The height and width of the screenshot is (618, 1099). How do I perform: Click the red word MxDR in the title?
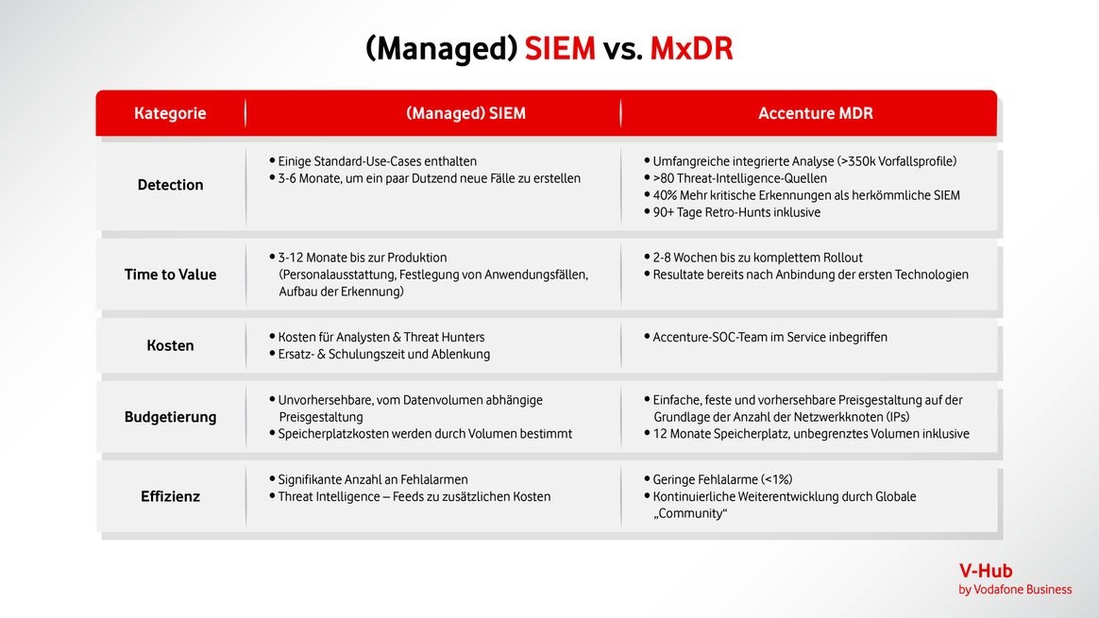pyautogui.click(x=691, y=48)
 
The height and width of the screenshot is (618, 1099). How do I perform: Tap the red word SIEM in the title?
pyautogui.click(x=560, y=48)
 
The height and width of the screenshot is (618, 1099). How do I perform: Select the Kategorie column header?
pyautogui.click(x=170, y=113)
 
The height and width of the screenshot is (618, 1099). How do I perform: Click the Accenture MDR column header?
pyautogui.click(x=816, y=113)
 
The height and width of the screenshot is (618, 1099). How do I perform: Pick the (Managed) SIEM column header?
pyautogui.click(x=466, y=113)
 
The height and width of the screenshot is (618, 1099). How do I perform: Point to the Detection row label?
pyautogui.click(x=170, y=185)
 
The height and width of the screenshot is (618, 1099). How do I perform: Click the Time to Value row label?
pyautogui.click(x=170, y=275)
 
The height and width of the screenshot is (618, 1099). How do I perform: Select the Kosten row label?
pyautogui.click(x=170, y=345)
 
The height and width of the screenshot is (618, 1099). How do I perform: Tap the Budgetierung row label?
pyautogui.click(x=170, y=417)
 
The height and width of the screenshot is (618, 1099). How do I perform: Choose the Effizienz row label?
pyautogui.click(x=170, y=497)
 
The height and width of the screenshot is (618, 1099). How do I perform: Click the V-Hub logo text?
pyautogui.click(x=986, y=571)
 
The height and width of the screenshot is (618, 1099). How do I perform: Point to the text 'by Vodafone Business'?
pyautogui.click(x=1015, y=590)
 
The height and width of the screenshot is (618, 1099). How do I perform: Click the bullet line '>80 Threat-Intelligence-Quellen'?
pyautogui.click(x=735, y=178)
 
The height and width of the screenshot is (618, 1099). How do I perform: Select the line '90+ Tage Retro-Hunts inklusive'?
pyautogui.click(x=732, y=212)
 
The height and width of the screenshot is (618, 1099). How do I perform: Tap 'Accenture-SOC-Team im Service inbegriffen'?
pyautogui.click(x=766, y=337)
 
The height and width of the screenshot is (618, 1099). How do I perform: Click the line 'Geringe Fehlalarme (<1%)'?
pyautogui.click(x=719, y=480)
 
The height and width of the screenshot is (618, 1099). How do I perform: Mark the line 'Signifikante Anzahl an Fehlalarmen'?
pyautogui.click(x=368, y=480)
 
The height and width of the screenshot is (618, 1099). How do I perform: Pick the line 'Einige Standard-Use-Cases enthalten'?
pyautogui.click(x=373, y=161)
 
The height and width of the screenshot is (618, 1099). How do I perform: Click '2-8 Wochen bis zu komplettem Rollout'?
pyautogui.click(x=753, y=258)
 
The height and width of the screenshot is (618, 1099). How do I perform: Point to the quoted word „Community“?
pyautogui.click(x=690, y=513)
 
